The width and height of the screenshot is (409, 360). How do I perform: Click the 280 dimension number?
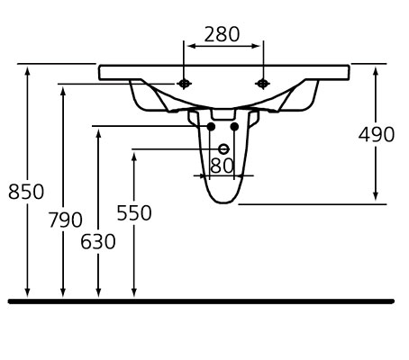pos(222,34)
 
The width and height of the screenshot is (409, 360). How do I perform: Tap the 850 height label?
pos(26,192)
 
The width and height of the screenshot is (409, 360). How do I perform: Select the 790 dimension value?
pos(66,220)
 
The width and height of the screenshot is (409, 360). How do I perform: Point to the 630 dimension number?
pos(98,241)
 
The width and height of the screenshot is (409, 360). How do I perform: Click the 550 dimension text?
pos(134,212)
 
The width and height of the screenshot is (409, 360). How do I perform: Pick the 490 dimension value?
pos(377,134)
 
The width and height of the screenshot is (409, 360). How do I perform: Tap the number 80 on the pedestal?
pos(222,166)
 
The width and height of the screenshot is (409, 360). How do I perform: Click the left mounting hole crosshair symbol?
pos(184,84)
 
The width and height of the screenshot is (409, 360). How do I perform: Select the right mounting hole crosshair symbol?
pos(262,84)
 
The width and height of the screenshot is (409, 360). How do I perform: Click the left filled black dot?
pos(211,127)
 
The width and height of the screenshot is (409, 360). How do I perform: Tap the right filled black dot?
pos(234,127)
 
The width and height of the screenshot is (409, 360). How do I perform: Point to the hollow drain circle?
pos(223,149)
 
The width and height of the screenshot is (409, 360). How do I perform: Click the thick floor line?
pos(201,301)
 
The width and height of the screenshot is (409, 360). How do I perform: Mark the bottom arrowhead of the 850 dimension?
pos(27,292)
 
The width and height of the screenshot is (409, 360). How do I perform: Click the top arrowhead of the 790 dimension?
pos(63,92)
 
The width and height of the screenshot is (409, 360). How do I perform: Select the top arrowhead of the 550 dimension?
pos(134,157)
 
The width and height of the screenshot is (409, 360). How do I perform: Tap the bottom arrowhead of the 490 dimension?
pos(376,195)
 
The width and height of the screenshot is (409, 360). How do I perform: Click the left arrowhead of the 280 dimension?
pos(192,46)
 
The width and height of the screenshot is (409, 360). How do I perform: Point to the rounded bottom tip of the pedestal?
pos(223,202)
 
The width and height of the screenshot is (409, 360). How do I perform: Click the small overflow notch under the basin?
pos(223,114)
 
